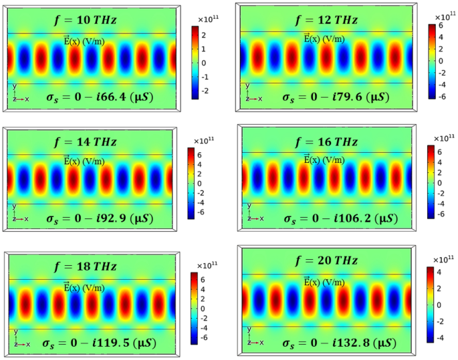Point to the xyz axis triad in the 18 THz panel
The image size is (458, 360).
click(x=19, y=340)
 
